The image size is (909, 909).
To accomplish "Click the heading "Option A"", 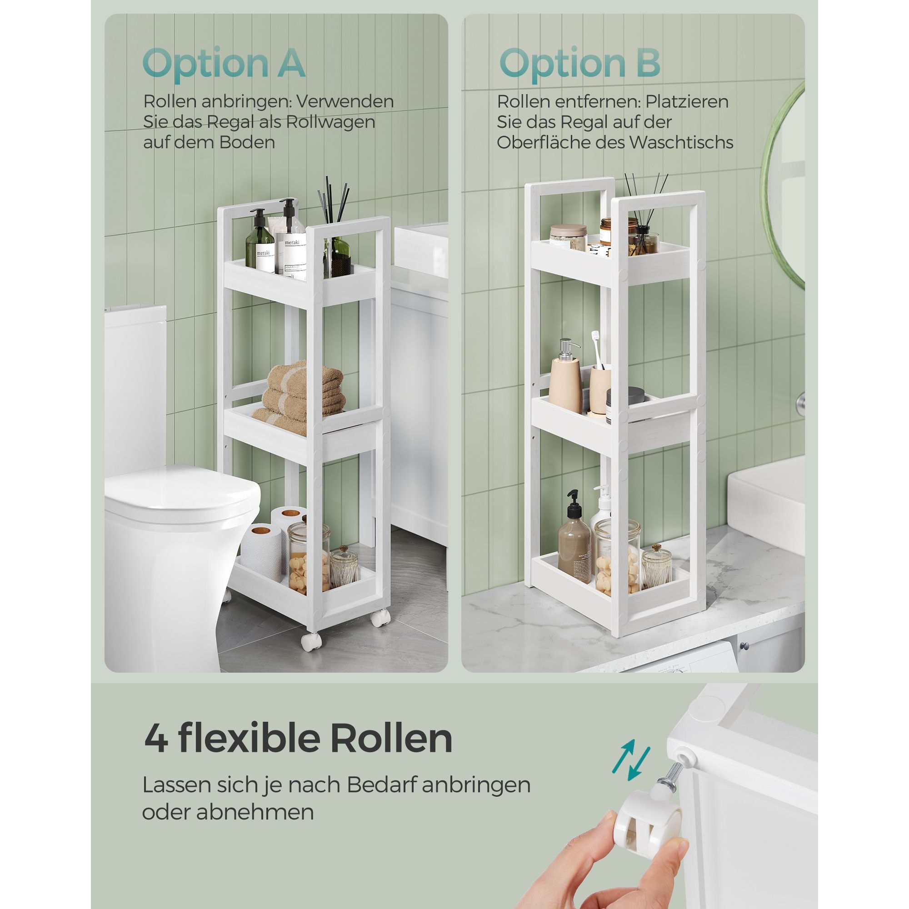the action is click(224, 64).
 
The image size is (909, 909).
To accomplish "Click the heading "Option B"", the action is click(579, 64).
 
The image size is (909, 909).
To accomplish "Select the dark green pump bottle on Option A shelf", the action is click(259, 242).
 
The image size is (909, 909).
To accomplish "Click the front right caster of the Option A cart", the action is click(380, 617).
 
